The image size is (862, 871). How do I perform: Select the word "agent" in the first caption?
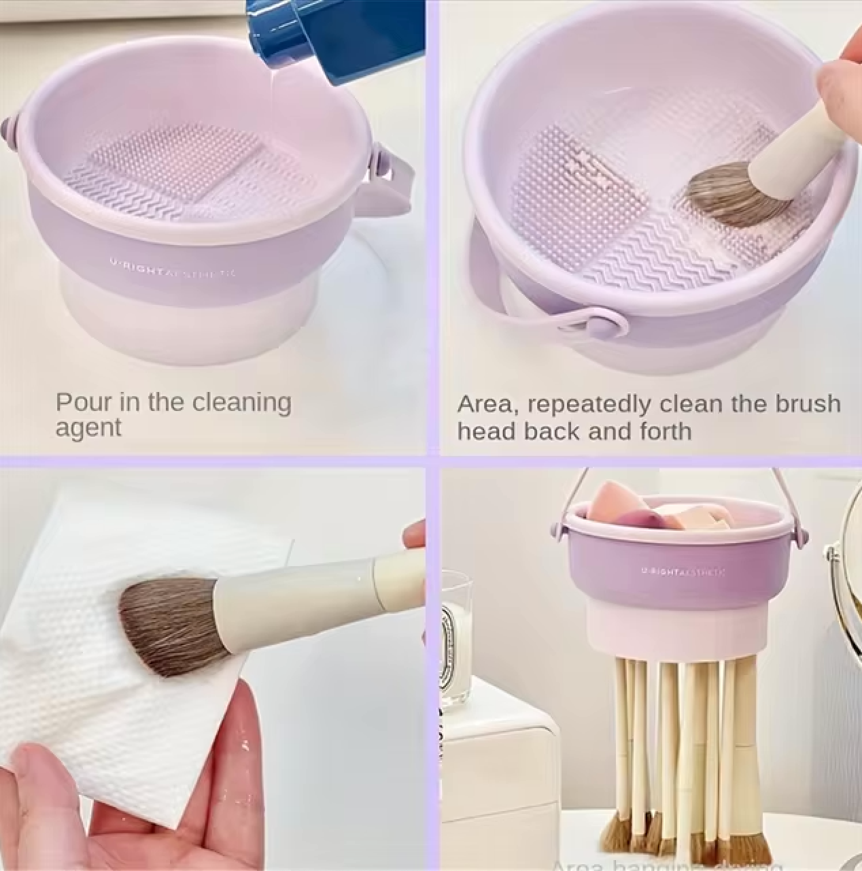tap(88, 429)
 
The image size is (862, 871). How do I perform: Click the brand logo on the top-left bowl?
tap(173, 272)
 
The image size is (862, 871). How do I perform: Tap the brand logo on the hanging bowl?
tap(683, 572)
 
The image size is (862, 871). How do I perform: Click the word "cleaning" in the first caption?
tap(241, 403)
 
